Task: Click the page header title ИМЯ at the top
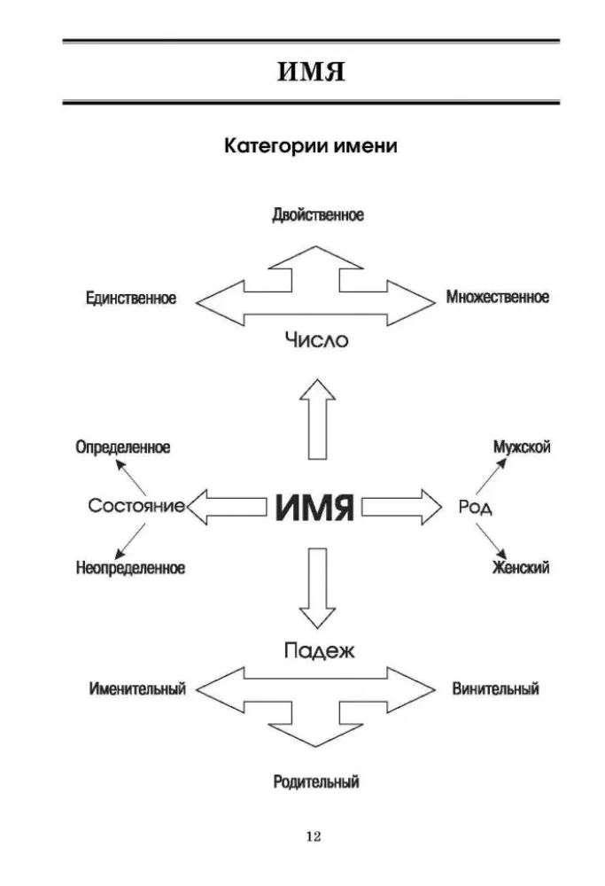click(x=310, y=72)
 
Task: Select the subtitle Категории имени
click(x=310, y=147)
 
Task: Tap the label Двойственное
click(x=317, y=215)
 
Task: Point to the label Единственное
click(x=131, y=298)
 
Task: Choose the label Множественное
click(x=498, y=297)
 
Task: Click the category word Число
click(x=317, y=339)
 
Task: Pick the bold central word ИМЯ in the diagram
click(x=314, y=508)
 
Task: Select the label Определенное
click(x=123, y=447)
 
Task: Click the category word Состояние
click(x=136, y=506)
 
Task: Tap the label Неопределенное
click(x=130, y=568)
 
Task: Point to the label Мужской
click(x=522, y=447)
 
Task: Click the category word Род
click(x=475, y=508)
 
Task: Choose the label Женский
click(x=521, y=567)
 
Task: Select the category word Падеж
click(x=319, y=651)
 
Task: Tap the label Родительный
click(x=316, y=782)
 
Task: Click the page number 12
click(x=313, y=836)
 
